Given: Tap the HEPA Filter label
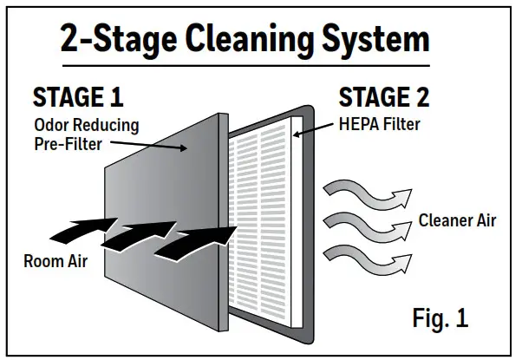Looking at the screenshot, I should pos(379,125).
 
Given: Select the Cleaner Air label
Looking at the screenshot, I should pos(457,220).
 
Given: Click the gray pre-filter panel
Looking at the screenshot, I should pos(156,173).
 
